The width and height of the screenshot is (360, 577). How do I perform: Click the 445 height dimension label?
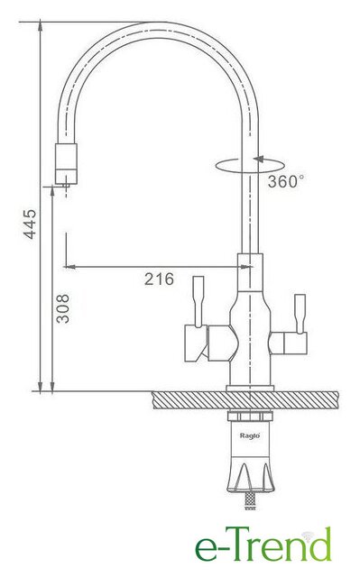(30, 224)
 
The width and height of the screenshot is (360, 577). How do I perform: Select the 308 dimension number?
(62, 308)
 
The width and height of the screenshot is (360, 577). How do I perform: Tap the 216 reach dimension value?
(159, 279)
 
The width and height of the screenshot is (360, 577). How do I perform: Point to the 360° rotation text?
(286, 181)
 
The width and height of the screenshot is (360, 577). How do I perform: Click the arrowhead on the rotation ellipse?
(259, 159)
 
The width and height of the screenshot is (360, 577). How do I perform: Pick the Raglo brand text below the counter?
(250, 435)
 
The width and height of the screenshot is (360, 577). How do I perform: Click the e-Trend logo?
(263, 544)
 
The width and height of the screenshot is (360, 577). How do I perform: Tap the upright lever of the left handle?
(198, 301)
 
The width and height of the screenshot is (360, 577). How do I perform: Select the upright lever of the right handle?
(300, 314)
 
